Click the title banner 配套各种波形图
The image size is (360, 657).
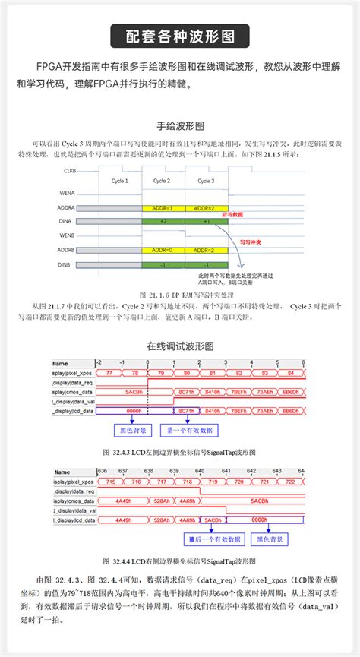coord(180,35)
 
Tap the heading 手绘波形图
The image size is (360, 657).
coord(180,125)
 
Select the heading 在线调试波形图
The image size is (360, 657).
coord(180,345)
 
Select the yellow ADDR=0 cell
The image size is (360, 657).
coord(163,249)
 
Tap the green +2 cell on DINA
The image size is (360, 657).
coord(163,221)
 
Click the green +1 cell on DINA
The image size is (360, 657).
coord(206,221)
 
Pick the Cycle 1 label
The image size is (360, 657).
coord(120,182)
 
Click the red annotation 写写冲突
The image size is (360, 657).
coord(250,242)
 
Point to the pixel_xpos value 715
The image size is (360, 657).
coord(110,482)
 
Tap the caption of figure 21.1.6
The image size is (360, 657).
coord(180,292)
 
